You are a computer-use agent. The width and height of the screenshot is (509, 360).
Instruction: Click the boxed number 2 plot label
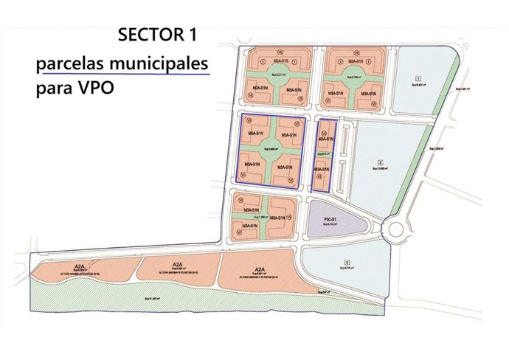tap(381, 162)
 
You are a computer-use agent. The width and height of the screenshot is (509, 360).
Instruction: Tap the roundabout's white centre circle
tap(396, 229)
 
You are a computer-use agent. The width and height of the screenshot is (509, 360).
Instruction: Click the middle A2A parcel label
tap(177, 265)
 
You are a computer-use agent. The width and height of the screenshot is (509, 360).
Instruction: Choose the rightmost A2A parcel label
tap(259, 269)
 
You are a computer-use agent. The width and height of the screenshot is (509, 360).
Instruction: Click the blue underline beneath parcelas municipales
tap(125, 75)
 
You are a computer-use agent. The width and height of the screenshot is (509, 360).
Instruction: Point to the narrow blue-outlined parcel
tap(322, 156)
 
